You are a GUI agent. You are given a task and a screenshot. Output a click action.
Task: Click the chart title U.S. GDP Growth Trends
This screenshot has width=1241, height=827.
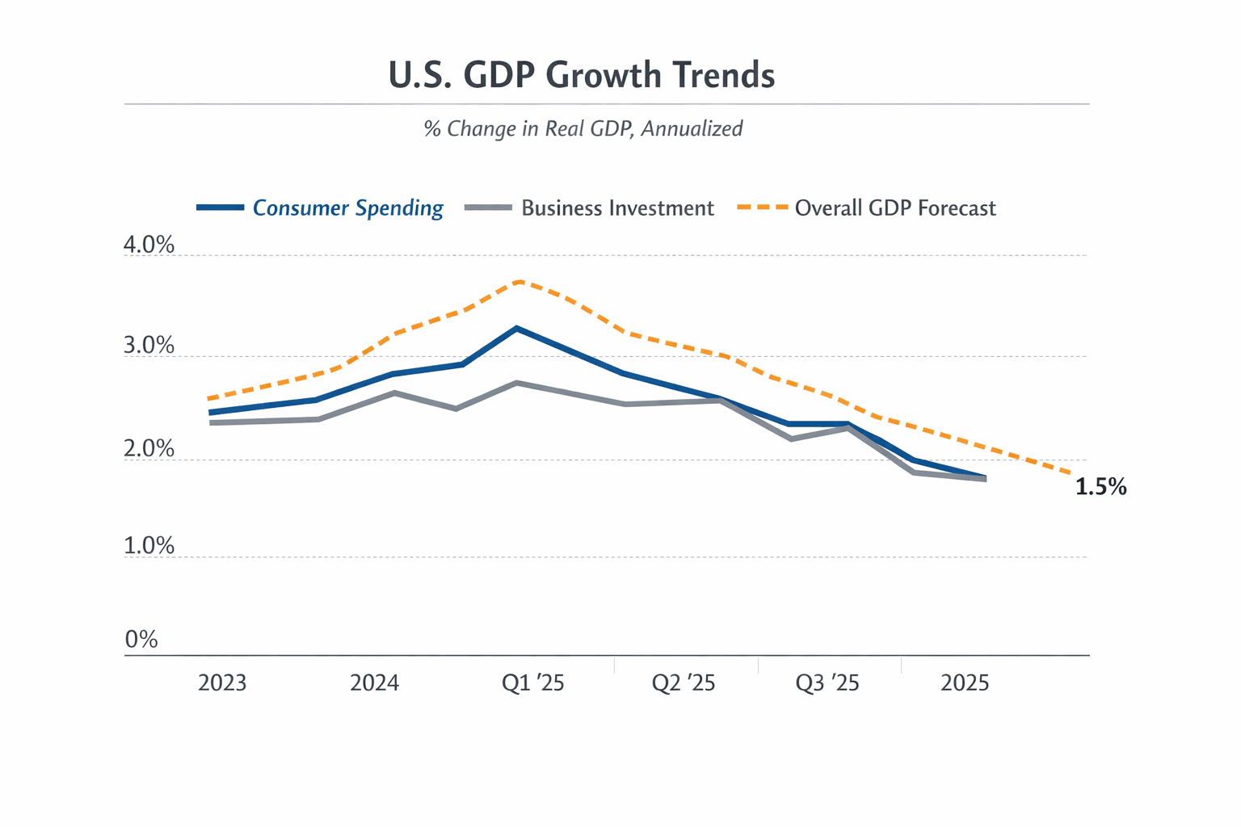point(582,75)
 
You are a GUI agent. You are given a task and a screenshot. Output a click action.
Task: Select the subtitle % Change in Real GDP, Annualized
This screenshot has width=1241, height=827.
point(583,128)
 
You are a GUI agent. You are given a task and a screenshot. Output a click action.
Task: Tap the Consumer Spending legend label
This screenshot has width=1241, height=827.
point(347,208)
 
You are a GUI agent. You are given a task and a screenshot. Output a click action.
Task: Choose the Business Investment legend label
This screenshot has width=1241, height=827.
point(617,208)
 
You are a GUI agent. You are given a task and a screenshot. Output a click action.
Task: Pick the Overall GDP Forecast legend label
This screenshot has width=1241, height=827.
point(895,208)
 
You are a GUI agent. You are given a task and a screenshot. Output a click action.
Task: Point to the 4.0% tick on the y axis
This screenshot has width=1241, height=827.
point(149,245)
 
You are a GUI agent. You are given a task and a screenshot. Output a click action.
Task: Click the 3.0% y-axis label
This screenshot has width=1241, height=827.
point(149,346)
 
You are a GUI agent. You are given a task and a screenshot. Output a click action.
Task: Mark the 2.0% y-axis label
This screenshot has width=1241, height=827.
point(149,449)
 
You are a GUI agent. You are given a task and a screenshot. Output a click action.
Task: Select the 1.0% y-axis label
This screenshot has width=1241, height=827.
point(149,546)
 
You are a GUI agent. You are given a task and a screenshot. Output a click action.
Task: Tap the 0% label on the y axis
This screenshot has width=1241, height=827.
point(141,640)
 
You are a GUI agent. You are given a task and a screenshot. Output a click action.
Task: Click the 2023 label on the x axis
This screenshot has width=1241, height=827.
point(222,683)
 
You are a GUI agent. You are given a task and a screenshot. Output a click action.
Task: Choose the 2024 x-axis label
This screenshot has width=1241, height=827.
point(374,683)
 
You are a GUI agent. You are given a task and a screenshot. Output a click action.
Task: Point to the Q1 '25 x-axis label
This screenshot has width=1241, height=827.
point(532,683)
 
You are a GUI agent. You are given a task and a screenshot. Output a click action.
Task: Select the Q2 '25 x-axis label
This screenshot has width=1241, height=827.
point(684,683)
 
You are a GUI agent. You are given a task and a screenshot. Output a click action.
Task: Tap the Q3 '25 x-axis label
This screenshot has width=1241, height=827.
point(827,683)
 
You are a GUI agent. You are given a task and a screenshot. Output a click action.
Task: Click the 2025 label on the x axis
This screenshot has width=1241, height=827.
point(965,683)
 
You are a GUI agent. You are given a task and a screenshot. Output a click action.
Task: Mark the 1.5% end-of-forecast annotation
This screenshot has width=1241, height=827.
point(1100,486)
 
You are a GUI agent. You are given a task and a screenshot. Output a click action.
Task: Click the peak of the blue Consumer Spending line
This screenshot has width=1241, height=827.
point(517,328)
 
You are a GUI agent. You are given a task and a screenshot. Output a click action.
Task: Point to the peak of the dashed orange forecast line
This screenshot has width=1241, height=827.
point(519,282)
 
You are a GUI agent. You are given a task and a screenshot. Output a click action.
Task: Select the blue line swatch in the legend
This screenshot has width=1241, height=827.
point(220,208)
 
